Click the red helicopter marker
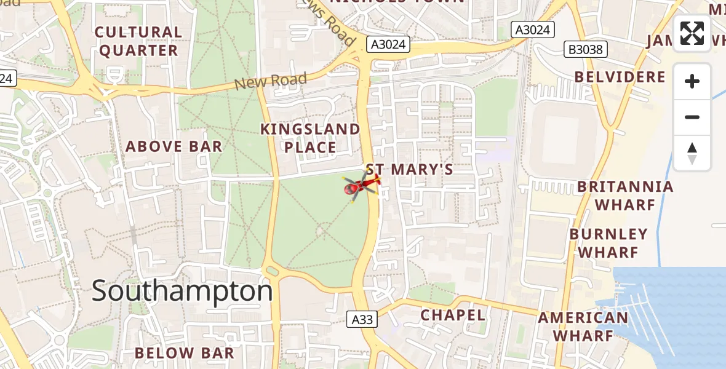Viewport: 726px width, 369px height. (x=361, y=185)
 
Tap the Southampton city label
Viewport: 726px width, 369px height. (x=182, y=290)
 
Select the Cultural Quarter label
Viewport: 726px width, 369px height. (x=138, y=41)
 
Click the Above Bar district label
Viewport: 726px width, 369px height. (x=174, y=146)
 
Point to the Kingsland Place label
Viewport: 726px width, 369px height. (x=310, y=138)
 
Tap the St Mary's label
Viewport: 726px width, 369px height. (x=409, y=169)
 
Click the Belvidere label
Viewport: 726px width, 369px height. (x=620, y=77)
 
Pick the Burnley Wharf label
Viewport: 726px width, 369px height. (x=608, y=244)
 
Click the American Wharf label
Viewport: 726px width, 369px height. (x=583, y=327)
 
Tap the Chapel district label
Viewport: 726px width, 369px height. (x=453, y=315)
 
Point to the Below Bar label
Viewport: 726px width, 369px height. (x=185, y=353)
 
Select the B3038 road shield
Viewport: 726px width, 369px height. (x=586, y=49)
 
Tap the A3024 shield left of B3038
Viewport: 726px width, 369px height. (x=533, y=30)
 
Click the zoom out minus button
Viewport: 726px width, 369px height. (x=692, y=117)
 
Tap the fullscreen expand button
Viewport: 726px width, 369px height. (x=692, y=33)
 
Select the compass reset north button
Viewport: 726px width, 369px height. (x=692, y=153)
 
